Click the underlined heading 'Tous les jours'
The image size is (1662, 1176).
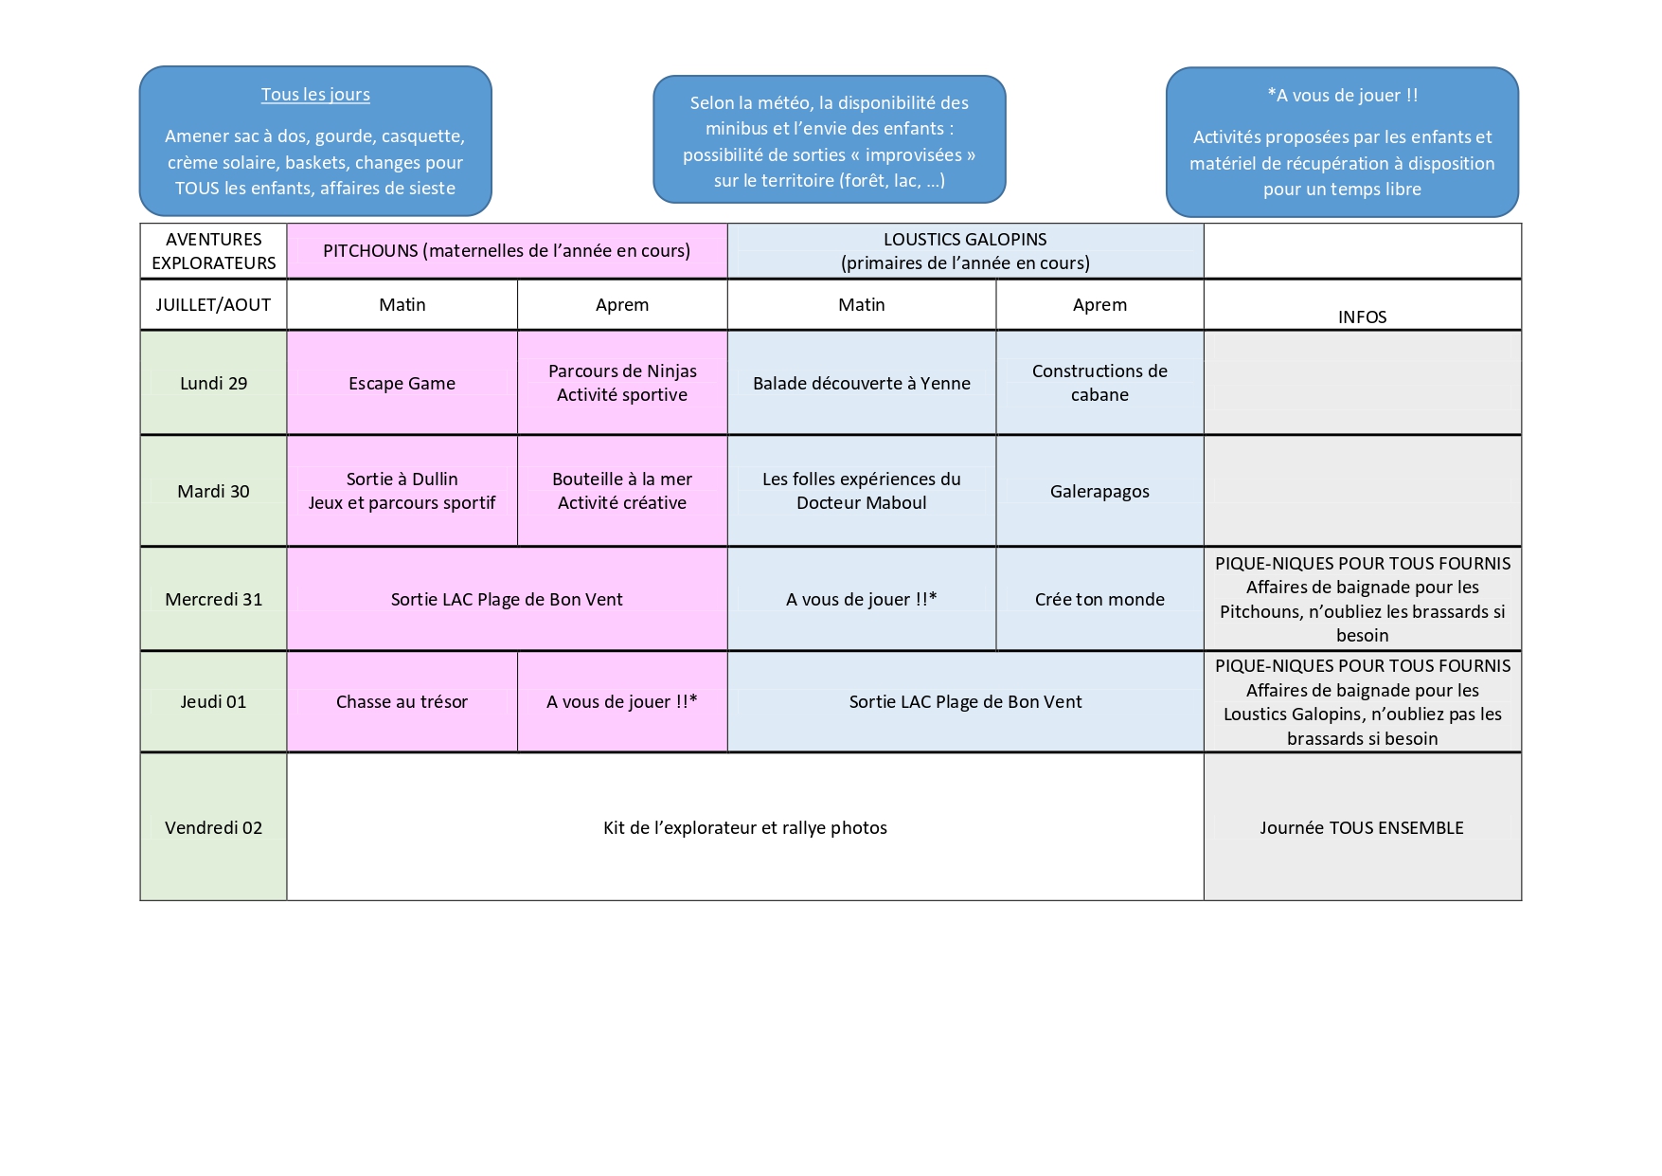click(x=315, y=95)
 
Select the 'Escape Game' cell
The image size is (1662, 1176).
click(x=402, y=383)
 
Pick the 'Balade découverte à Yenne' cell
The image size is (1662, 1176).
click(x=862, y=383)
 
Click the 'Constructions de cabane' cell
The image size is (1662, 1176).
click(x=1099, y=383)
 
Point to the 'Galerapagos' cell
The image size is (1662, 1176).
click(x=1099, y=491)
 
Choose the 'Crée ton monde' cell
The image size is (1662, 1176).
click(x=1099, y=599)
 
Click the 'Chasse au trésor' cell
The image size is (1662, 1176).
click(x=402, y=701)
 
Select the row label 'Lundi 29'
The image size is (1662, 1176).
click(x=213, y=383)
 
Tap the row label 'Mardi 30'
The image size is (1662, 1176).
click(x=213, y=491)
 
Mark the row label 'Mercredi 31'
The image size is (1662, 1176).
click(x=213, y=599)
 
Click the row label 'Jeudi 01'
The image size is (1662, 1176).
click(x=213, y=701)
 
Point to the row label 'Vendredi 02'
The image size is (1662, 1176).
click(x=213, y=827)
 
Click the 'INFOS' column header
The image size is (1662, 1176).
click(x=1362, y=317)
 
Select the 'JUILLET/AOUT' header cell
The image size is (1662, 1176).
click(x=213, y=304)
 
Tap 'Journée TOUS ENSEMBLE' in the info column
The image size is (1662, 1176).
click(x=1362, y=827)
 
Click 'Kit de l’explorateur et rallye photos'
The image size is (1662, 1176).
click(x=745, y=827)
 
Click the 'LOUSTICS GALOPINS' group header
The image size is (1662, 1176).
click(x=965, y=239)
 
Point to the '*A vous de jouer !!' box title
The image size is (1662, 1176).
click(x=1343, y=95)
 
